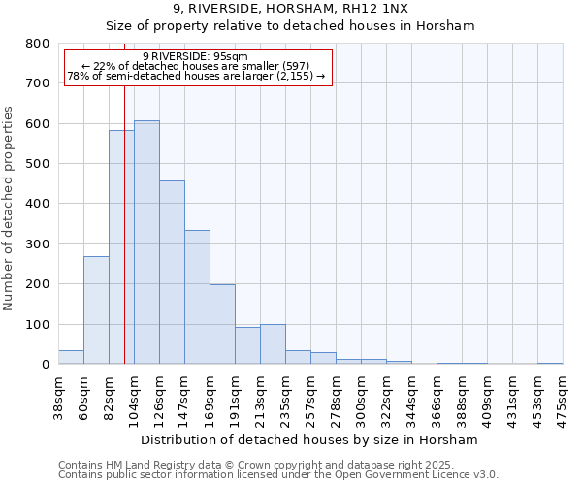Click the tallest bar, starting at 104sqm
point(146,242)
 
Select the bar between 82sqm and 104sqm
point(121,247)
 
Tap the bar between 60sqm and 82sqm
point(96,310)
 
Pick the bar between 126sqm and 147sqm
point(172,273)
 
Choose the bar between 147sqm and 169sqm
point(197,297)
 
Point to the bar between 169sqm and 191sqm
point(222,324)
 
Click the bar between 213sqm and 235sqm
point(273,344)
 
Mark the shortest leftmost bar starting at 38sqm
point(71,357)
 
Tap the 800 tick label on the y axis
point(37,44)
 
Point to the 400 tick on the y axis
point(37,204)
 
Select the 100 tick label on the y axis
point(37,324)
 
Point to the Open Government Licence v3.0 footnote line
point(277,475)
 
